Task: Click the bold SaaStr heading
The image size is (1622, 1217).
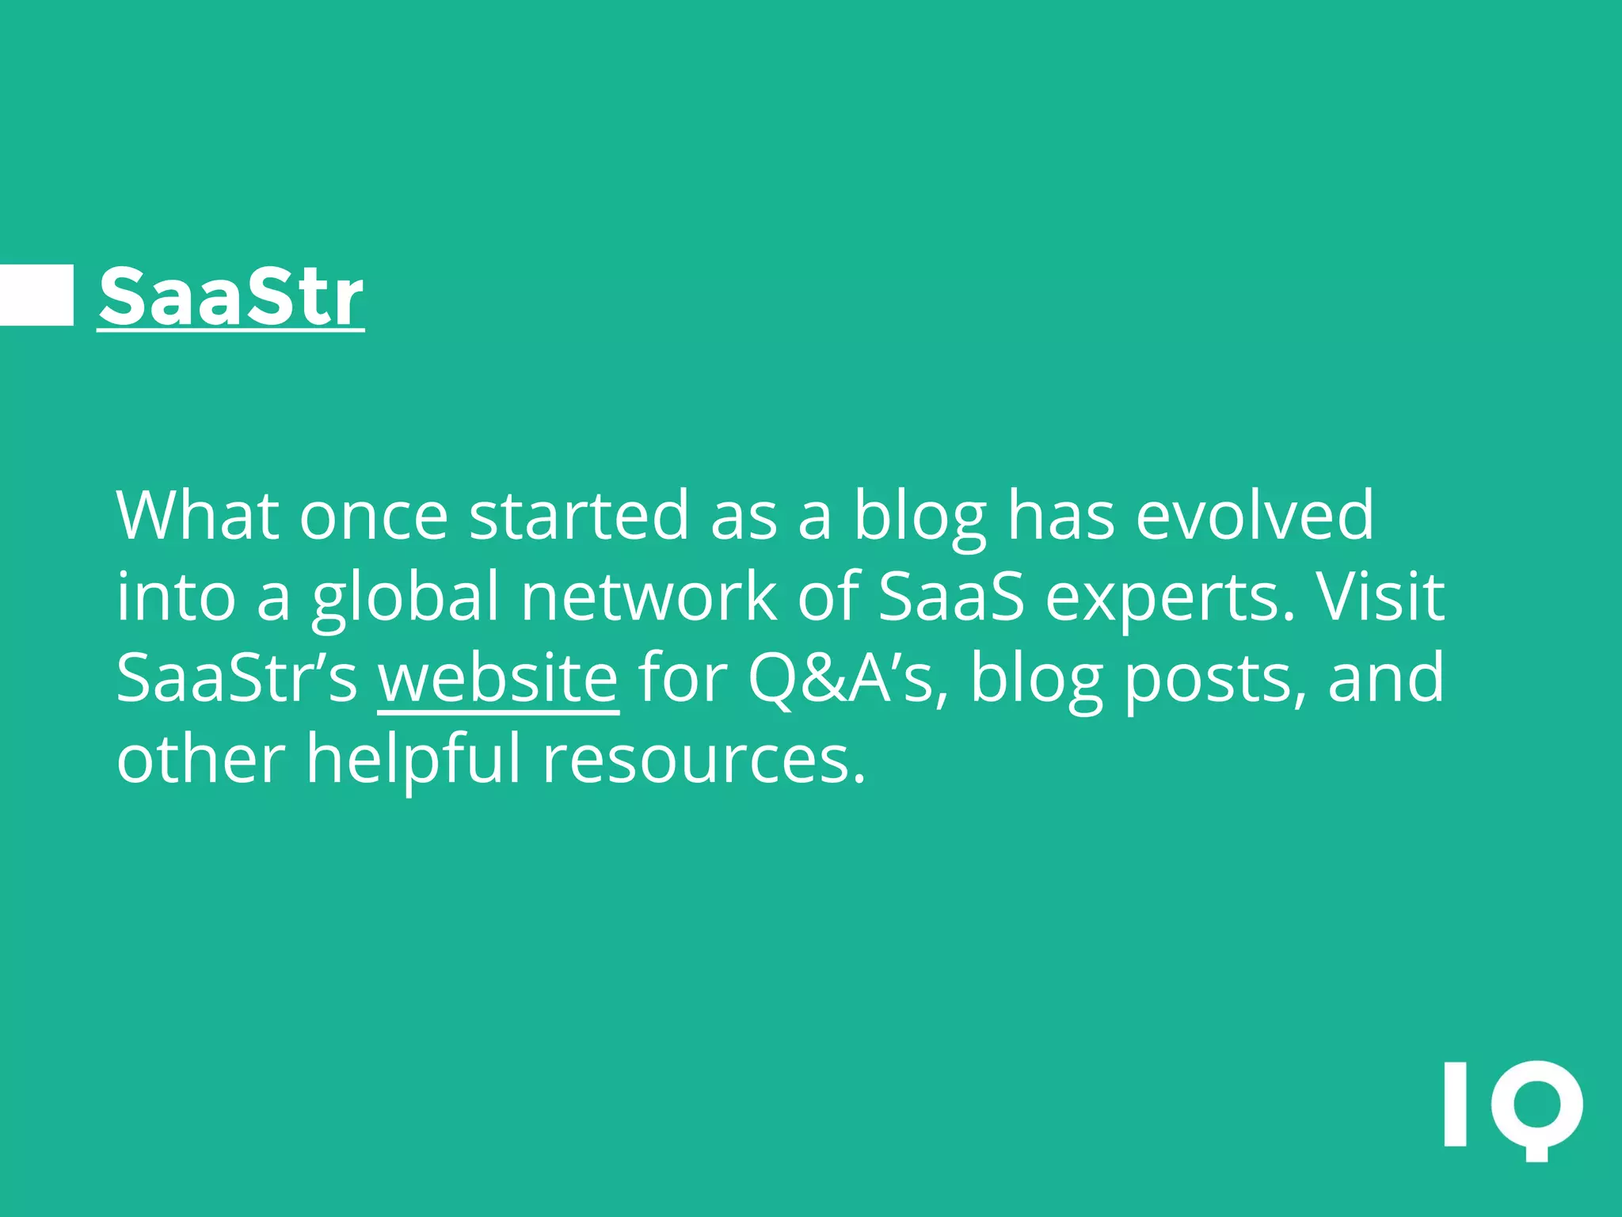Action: pyautogui.click(x=230, y=296)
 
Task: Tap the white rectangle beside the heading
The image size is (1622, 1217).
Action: pyautogui.click(x=36, y=295)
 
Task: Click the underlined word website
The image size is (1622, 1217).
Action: pyautogui.click(x=497, y=677)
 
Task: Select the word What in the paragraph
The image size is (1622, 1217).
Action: pyautogui.click(x=197, y=515)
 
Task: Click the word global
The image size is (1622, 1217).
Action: pyautogui.click(x=405, y=598)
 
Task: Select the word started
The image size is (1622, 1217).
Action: pyautogui.click(x=578, y=515)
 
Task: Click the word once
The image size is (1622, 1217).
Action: pyautogui.click(x=374, y=517)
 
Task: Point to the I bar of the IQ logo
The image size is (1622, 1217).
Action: pyautogui.click(x=1455, y=1104)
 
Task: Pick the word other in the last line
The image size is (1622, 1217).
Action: pyautogui.click(x=200, y=759)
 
